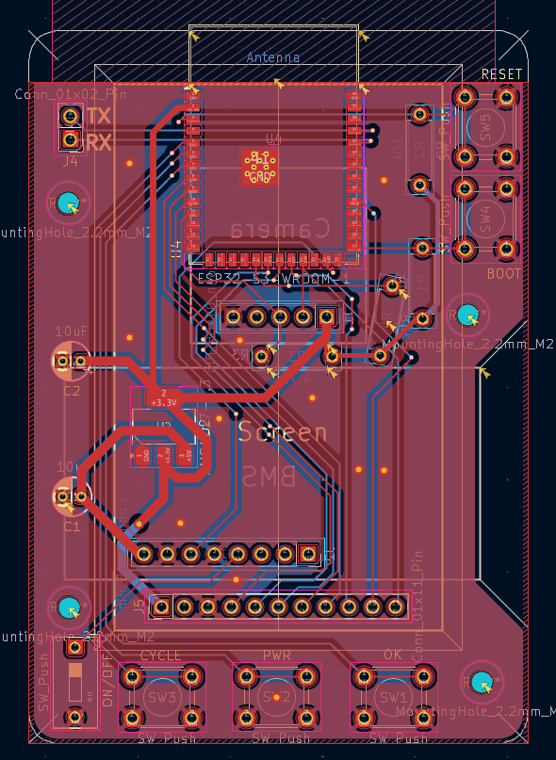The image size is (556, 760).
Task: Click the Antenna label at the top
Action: point(273,57)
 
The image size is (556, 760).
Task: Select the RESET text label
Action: point(501,74)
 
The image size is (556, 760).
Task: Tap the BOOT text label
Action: point(504,273)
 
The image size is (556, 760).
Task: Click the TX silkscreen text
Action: point(98,116)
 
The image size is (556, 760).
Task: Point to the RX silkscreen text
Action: point(98,142)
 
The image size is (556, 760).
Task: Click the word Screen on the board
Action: point(283,433)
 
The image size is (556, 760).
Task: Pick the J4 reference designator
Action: point(71,161)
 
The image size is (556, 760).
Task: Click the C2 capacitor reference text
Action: point(72,390)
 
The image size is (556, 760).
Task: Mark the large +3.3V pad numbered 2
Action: point(164,397)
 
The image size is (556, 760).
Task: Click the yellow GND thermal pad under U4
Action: point(259,167)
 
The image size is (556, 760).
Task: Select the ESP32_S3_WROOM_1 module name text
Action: point(273,279)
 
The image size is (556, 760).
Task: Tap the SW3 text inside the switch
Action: point(162,698)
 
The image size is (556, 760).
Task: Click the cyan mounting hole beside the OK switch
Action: point(482,682)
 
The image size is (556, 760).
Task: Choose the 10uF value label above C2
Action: point(72,331)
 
